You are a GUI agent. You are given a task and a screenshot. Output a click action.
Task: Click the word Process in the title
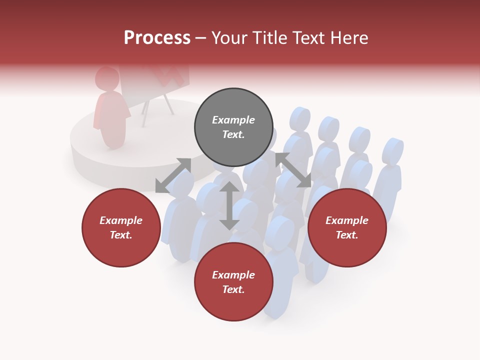coord(157,38)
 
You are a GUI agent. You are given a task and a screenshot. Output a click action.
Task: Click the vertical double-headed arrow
coord(229,205)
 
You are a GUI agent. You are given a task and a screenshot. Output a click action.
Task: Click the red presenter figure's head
coord(106,79)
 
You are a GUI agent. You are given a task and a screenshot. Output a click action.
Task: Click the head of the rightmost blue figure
coord(393,150)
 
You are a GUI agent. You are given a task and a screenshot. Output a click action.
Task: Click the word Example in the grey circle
coord(233,120)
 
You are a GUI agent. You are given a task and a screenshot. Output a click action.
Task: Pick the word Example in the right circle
coord(347,220)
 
